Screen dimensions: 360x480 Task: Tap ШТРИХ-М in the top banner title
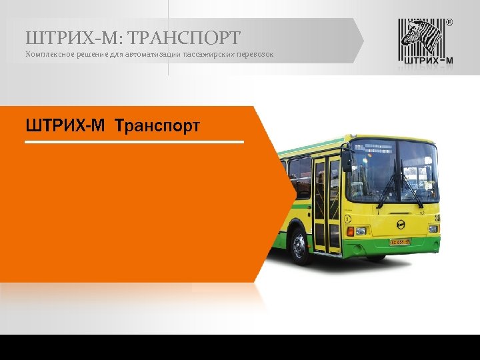(73, 37)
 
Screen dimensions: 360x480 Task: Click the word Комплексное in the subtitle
(47, 53)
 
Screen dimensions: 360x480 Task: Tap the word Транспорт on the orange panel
(157, 125)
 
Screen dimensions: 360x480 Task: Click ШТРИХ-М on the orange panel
(65, 125)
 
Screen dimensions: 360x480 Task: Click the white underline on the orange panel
(134, 141)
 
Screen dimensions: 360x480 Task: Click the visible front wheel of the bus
(299, 245)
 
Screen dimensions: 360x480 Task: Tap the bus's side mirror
(346, 160)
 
